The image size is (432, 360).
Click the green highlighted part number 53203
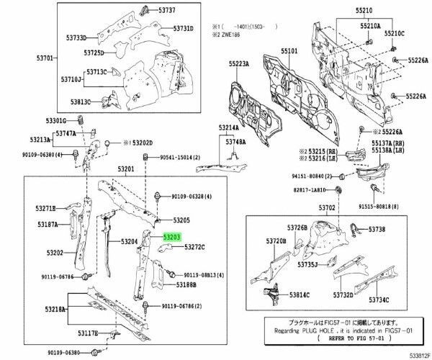[171, 235]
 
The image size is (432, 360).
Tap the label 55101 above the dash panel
[289, 52]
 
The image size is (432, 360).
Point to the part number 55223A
[239, 64]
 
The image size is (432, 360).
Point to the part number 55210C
[394, 33]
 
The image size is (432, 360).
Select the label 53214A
[230, 127]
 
